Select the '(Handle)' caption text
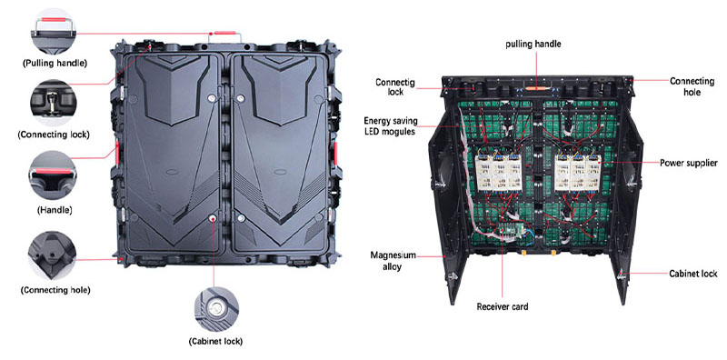pos(55,210)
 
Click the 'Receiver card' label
pos(502,306)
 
